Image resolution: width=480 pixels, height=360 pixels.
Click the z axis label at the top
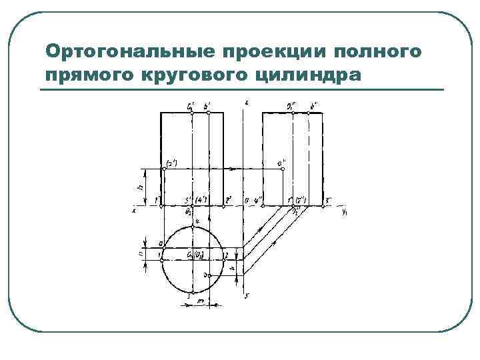point(247,101)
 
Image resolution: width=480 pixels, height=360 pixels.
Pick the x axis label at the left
point(134,210)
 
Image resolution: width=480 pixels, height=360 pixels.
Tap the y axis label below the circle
point(247,295)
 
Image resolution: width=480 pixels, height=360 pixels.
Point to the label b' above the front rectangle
point(208,105)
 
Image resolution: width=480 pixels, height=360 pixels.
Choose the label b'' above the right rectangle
point(313,105)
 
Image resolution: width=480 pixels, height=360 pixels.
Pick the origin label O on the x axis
point(246,199)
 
